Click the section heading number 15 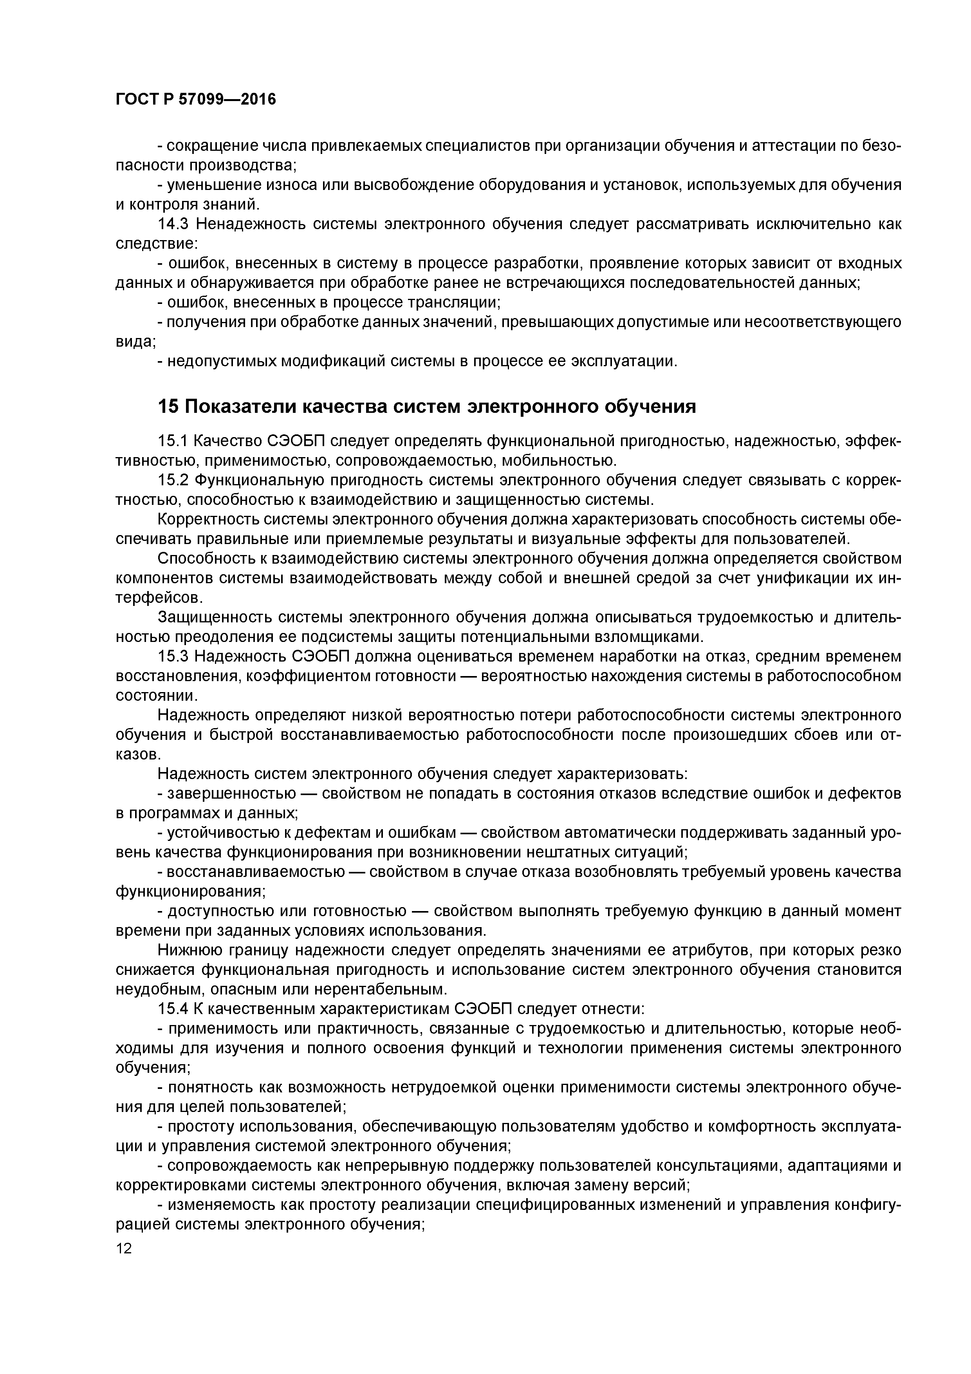click(168, 407)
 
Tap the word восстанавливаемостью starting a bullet click(256, 872)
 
